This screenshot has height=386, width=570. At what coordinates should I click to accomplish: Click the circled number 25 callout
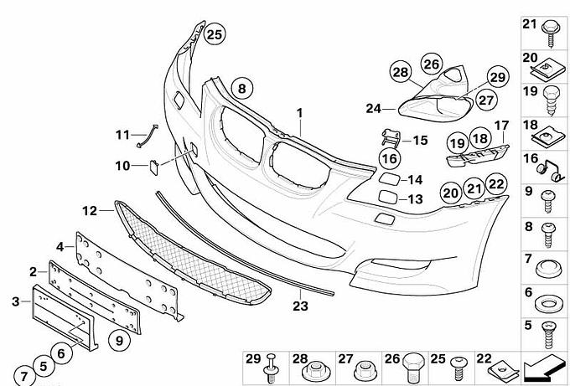point(215,34)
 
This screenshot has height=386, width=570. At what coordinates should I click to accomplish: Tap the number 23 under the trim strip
point(301,306)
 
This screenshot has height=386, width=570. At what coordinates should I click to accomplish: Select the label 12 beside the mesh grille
point(90,211)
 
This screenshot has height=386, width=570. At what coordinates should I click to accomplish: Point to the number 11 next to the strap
point(122,135)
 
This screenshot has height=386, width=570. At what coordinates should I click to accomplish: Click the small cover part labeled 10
point(153,168)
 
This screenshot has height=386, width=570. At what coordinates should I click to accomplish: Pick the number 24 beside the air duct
point(373,109)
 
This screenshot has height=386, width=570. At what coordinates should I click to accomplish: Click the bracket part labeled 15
point(391,138)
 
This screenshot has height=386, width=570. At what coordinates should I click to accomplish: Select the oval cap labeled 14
point(389,179)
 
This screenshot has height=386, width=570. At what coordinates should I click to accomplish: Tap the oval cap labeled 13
point(388,197)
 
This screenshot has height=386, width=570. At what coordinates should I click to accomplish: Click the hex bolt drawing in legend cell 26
point(414,367)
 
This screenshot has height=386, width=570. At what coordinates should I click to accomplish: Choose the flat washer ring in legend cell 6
point(549,304)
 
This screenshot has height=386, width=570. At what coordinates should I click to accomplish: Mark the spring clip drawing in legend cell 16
point(550,170)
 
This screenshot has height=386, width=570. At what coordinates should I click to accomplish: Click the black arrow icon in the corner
point(545,368)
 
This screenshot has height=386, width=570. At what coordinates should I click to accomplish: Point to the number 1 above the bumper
point(299,113)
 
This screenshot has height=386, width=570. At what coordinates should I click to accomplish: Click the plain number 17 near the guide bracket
point(501,126)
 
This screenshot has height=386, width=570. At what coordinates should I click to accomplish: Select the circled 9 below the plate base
point(119,341)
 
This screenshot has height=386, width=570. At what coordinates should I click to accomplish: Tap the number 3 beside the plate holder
point(15,301)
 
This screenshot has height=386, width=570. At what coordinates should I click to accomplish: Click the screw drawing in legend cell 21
point(551,34)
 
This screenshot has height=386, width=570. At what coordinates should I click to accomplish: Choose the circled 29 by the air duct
point(498,77)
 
